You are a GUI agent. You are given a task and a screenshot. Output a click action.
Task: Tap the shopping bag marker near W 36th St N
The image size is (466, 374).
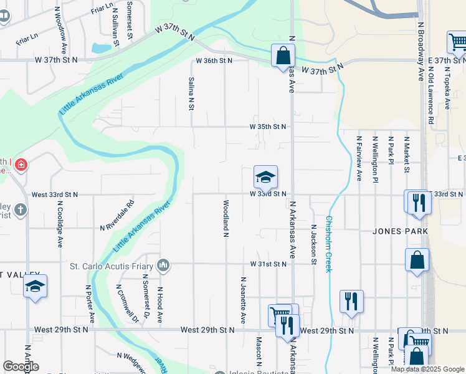click(x=283, y=55)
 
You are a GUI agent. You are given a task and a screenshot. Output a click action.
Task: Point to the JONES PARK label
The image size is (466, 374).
click(x=400, y=231)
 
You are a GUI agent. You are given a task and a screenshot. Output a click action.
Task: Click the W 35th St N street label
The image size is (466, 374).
click(x=268, y=127)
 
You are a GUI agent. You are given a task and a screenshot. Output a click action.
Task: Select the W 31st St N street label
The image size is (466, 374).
click(x=268, y=264)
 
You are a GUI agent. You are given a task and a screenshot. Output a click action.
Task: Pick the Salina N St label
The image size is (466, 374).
click(x=191, y=93)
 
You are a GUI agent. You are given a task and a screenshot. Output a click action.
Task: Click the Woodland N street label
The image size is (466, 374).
click(x=226, y=218)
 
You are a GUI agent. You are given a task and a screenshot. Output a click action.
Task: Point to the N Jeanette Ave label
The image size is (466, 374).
click(x=242, y=300)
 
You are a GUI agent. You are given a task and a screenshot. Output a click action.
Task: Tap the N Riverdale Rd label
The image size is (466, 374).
click(x=117, y=215)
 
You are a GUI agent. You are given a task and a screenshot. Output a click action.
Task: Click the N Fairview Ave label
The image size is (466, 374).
click(x=359, y=158)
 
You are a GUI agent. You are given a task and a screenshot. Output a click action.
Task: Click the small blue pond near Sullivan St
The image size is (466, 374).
click(x=100, y=48)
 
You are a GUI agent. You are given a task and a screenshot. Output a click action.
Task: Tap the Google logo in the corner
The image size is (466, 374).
click(x=20, y=367)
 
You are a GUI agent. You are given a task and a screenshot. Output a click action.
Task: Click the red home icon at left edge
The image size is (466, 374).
click(x=21, y=165)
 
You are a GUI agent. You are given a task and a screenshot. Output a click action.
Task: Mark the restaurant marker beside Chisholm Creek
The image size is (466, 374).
click(x=351, y=302)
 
